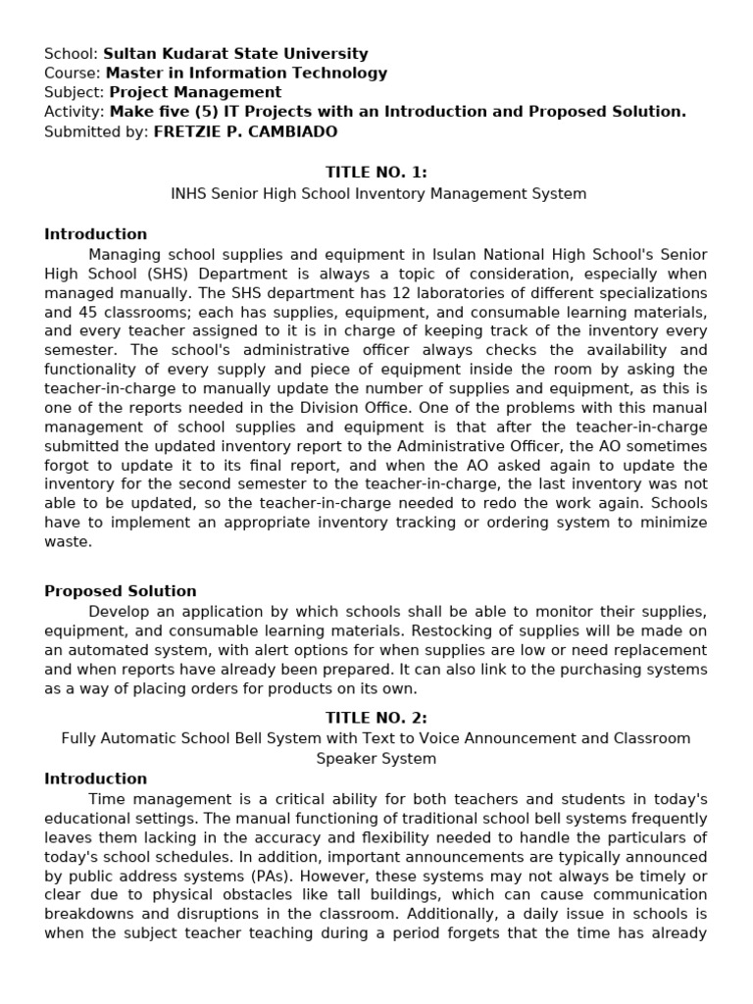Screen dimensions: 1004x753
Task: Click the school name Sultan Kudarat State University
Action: click(x=235, y=54)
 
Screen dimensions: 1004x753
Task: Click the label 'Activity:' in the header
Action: click(x=75, y=112)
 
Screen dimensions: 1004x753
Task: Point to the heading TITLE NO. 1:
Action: click(x=376, y=173)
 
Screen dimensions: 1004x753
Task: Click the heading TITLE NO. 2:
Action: click(x=376, y=718)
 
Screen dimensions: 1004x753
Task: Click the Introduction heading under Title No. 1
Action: click(x=95, y=234)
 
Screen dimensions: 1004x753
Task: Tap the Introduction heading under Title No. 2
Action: click(x=95, y=778)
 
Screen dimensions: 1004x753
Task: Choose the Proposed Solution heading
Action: click(x=121, y=591)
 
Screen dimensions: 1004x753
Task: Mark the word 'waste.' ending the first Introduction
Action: click(x=68, y=541)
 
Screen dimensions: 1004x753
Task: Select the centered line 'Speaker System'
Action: click(x=376, y=758)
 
